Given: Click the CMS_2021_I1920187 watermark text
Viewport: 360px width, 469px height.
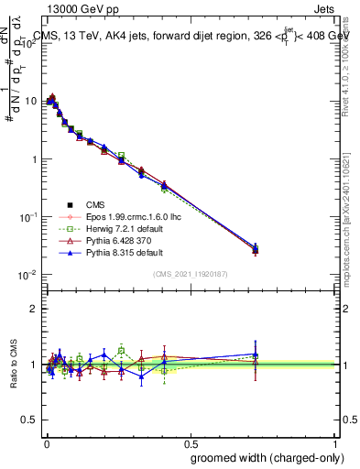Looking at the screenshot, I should (191, 274).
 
